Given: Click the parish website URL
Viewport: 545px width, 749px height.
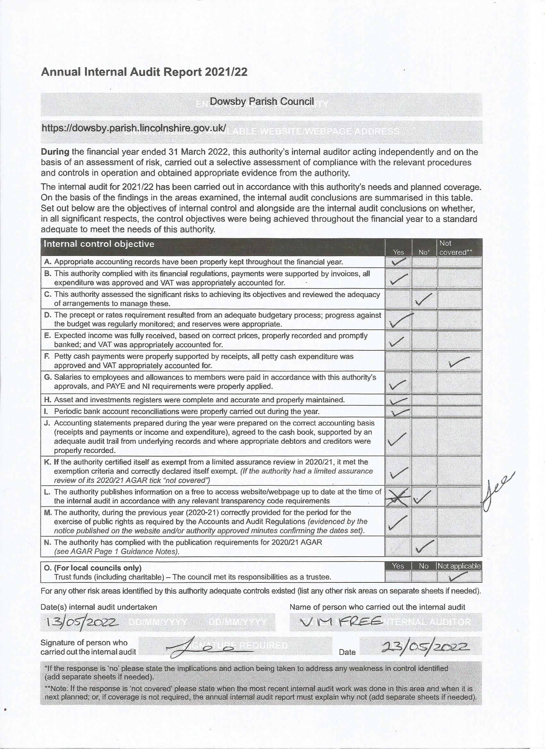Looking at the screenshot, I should tap(133, 128).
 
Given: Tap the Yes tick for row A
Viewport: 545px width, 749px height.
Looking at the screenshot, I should tap(398, 262).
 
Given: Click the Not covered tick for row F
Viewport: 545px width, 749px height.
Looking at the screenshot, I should tap(459, 362).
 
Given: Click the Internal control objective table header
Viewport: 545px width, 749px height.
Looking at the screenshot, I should tap(99, 244).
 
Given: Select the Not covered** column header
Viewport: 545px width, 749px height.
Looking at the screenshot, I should tap(456, 248).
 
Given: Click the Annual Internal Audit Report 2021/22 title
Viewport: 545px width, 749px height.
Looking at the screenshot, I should tap(144, 72).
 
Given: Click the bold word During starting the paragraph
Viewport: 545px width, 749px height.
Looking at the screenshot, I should tap(55, 152).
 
